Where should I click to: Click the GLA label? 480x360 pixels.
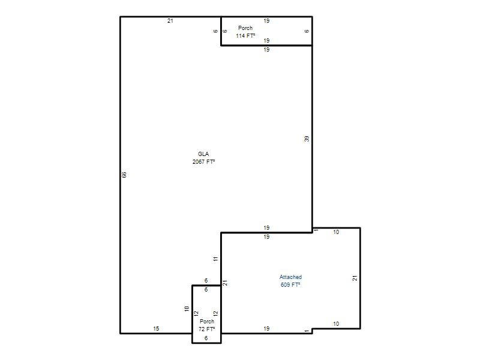pos(203,154)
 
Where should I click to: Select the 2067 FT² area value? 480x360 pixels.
pos(203,161)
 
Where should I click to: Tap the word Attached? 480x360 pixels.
pos(290,277)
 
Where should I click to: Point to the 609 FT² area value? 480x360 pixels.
pos(290,284)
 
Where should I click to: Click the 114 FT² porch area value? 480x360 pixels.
pos(245,36)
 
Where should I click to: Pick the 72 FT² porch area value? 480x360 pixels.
pos(206,329)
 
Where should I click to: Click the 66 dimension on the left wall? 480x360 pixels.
pos(124,175)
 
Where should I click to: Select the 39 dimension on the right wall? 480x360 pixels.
pos(307,139)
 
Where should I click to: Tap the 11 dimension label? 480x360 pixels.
pos(215,259)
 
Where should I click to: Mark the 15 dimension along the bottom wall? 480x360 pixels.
pos(156,328)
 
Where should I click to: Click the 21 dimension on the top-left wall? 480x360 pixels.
pos(170,21)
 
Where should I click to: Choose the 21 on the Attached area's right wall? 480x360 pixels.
pos(355,278)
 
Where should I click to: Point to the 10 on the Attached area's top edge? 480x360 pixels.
pos(336,232)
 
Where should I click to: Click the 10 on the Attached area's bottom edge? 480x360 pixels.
pos(336,324)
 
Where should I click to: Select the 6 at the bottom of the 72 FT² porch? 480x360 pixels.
pos(206,338)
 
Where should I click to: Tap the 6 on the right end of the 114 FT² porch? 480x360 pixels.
pos(307,31)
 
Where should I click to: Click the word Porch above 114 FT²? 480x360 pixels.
pos(245,28)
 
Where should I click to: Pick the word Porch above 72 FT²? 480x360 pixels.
pos(207,322)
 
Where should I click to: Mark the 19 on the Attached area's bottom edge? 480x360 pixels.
pos(266,328)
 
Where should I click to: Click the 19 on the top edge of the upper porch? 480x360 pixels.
pos(266,21)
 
